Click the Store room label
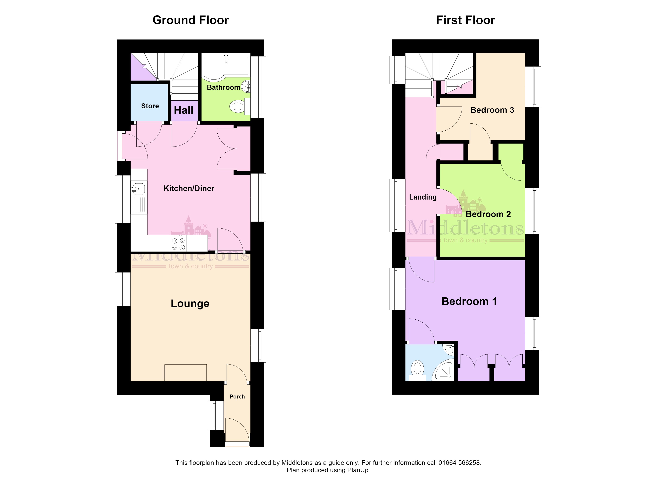click(x=150, y=106)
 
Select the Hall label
click(x=184, y=110)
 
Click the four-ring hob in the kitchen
click(x=178, y=243)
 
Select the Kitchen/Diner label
click(x=189, y=188)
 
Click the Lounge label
click(x=190, y=303)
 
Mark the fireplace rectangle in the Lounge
click(x=185, y=373)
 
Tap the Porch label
click(x=237, y=397)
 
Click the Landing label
click(x=423, y=197)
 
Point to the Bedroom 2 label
click(x=488, y=214)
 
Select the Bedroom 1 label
click(x=469, y=302)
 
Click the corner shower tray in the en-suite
click(x=443, y=370)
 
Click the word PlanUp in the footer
click(x=358, y=470)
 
